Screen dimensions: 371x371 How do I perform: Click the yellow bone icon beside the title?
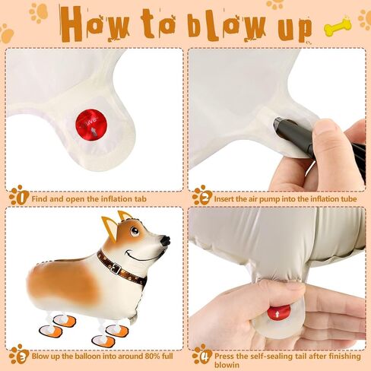click(x=338, y=25)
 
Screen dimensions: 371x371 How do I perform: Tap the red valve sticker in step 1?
click(x=91, y=125)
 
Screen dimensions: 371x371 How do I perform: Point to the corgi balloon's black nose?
click(x=166, y=240)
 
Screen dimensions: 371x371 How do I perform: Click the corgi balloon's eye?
click(x=135, y=231)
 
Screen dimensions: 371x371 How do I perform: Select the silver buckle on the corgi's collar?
click(x=116, y=268)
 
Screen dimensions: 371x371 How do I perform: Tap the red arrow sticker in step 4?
click(x=278, y=312)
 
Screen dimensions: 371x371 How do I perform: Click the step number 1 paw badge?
click(x=19, y=195)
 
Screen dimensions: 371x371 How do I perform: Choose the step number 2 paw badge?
click(x=202, y=195)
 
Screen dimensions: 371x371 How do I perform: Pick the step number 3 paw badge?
click(x=19, y=354)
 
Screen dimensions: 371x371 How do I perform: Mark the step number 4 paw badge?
click(x=202, y=354)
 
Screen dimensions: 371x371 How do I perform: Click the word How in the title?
click(x=94, y=24)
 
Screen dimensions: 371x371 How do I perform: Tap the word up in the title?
click(x=295, y=28)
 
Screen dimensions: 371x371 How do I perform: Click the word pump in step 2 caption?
click(x=270, y=199)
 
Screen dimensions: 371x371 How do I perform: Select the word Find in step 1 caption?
click(x=40, y=198)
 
